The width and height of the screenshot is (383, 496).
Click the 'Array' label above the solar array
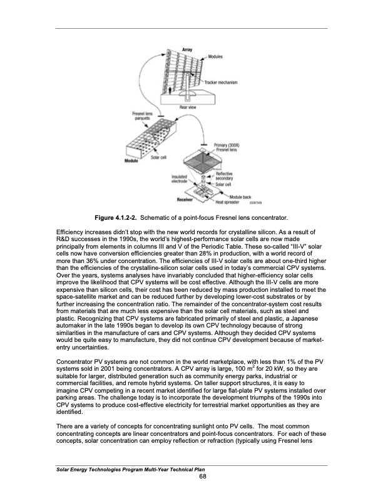point(186,49)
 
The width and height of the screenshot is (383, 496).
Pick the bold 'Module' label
point(131,161)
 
